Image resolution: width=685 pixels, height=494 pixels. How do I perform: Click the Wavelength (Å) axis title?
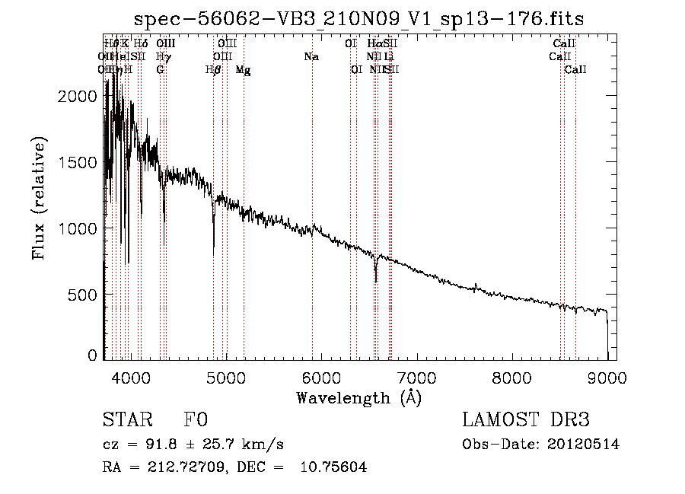point(358,397)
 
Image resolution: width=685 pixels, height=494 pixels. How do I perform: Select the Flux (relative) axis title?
point(39,199)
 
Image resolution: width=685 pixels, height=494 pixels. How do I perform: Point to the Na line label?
point(311,56)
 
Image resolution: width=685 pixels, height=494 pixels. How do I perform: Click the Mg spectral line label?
point(243,70)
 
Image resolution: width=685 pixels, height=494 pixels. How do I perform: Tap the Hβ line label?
point(213,70)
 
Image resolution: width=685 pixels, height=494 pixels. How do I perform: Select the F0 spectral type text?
point(196,421)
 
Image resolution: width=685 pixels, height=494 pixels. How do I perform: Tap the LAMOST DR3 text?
point(526,421)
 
